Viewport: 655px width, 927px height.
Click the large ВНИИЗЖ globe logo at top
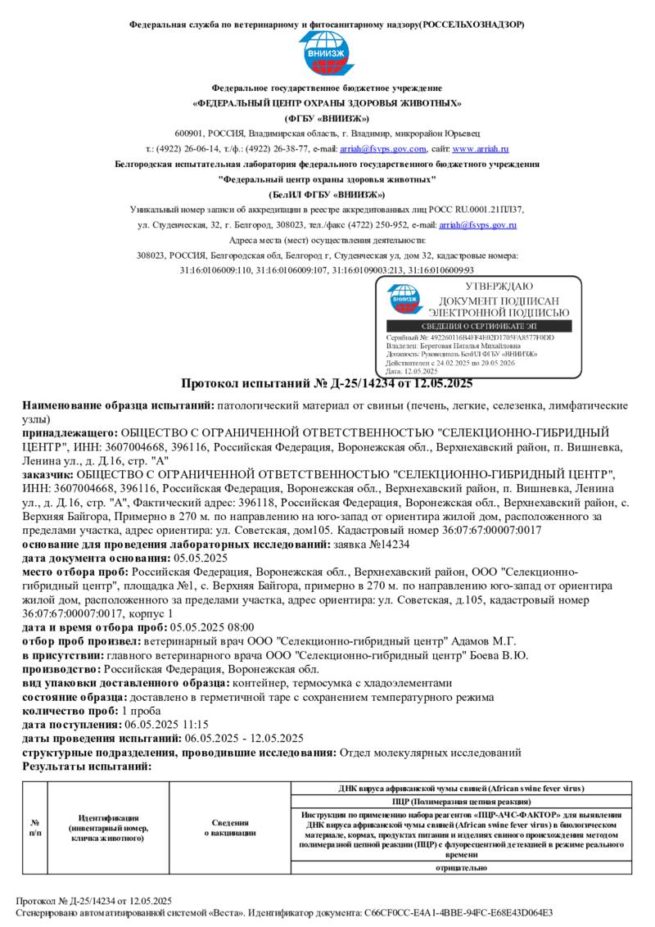pyautogui.click(x=327, y=55)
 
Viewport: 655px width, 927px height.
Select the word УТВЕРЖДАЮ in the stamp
pyautogui.click(x=499, y=287)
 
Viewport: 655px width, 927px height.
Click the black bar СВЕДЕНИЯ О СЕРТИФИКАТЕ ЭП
pyautogui.click(x=479, y=327)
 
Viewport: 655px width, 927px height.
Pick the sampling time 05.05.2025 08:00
pyautogui.click(x=192, y=627)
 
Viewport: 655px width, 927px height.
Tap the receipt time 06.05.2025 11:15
pyautogui.click(x=166, y=725)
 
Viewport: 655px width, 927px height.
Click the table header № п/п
pyautogui.click(x=35, y=827)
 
